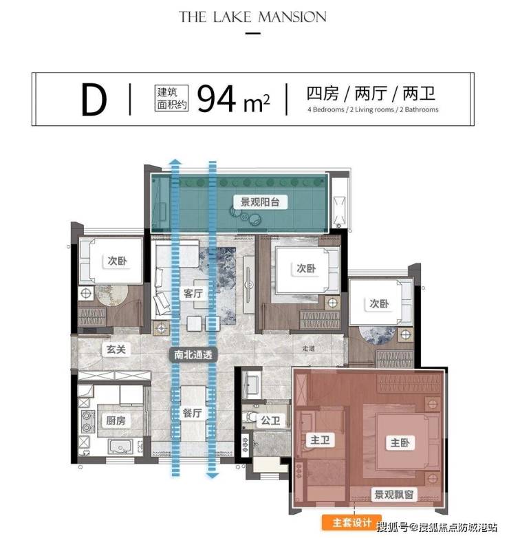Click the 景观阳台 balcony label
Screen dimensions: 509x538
(x=259, y=202)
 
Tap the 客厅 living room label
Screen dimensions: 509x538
(x=193, y=293)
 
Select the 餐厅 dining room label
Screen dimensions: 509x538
(x=192, y=413)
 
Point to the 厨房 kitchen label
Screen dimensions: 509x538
(x=116, y=420)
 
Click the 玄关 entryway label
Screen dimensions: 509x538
(x=116, y=349)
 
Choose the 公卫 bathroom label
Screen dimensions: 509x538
(x=271, y=420)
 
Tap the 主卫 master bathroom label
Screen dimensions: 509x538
(x=320, y=440)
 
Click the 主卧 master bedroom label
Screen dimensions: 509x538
(x=400, y=442)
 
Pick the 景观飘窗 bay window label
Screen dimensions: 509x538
(x=393, y=495)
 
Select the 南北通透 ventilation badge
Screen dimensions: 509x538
(x=193, y=354)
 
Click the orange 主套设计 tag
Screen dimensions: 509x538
(x=351, y=522)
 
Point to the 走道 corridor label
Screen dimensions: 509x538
(x=308, y=349)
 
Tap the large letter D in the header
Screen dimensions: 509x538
(x=94, y=100)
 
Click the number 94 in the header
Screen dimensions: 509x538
(x=217, y=98)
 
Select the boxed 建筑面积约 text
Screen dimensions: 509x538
(x=171, y=98)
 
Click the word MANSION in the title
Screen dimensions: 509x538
(x=292, y=17)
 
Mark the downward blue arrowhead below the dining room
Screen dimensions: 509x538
(x=213, y=475)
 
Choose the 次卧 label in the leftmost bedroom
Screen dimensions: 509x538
(x=117, y=261)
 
